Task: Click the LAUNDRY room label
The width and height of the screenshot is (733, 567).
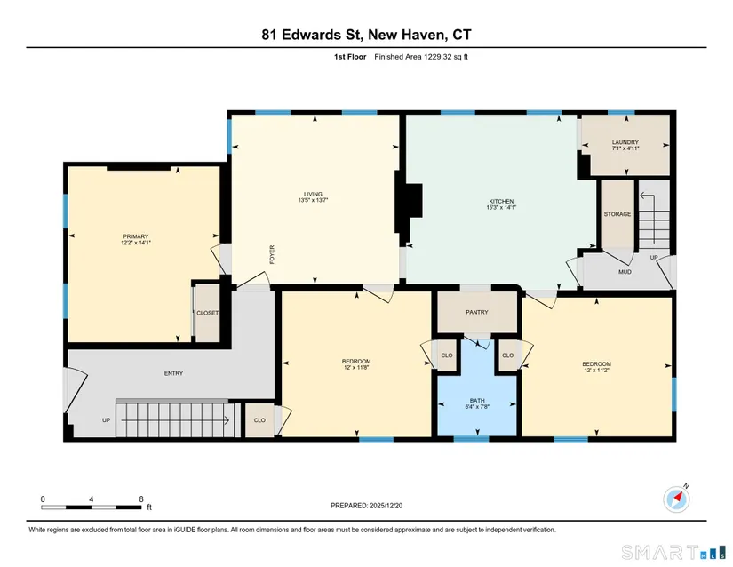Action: coord(625,142)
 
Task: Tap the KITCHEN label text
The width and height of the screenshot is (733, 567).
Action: coord(501,202)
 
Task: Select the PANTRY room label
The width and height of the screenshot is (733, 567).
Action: coord(477,312)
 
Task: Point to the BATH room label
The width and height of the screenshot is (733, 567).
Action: coord(477,401)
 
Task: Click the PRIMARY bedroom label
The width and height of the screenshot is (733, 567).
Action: coord(136,236)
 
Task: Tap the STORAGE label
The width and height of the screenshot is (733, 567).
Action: coord(617,214)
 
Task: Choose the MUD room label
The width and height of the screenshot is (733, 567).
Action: coord(625,272)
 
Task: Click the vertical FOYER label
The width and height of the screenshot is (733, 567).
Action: coord(272,255)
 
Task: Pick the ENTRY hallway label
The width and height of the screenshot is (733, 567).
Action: coord(173,373)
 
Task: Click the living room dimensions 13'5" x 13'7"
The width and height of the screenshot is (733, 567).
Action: coord(314,200)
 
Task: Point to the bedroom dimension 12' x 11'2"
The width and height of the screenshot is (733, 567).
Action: coord(596,370)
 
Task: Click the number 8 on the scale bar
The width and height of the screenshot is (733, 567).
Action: coord(141,499)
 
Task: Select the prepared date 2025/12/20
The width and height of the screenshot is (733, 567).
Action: coord(386,506)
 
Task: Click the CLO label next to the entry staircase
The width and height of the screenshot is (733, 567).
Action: coord(259,420)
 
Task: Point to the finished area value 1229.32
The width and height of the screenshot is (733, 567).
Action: coord(438,57)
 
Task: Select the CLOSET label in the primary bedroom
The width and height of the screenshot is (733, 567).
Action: coord(207,313)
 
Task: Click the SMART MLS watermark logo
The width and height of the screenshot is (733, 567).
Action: coord(673,552)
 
